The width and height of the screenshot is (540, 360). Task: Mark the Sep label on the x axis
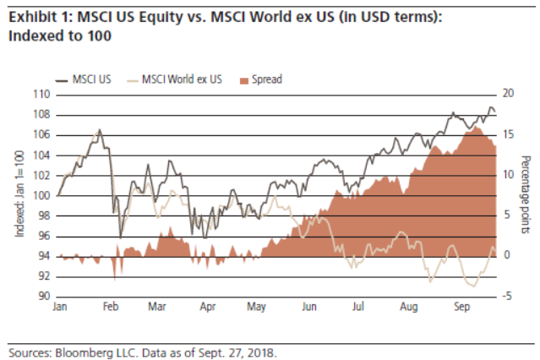(x=462, y=308)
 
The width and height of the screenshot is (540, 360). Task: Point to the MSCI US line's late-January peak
(x=100, y=130)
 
